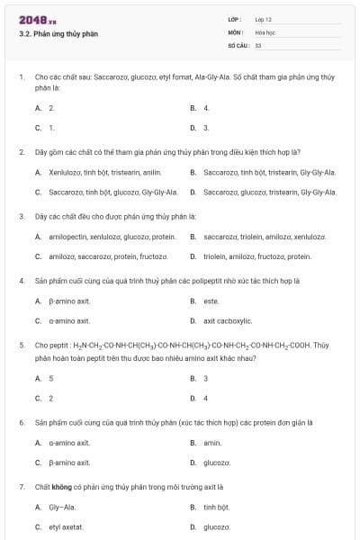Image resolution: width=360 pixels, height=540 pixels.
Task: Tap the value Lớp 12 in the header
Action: tap(263, 19)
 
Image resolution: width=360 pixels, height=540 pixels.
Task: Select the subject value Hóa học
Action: tap(265, 31)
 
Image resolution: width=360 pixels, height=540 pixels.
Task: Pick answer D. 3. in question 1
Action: tap(200, 128)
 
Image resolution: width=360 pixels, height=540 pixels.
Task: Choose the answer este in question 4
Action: tap(211, 300)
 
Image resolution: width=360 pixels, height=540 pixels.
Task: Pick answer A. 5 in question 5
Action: tap(44, 378)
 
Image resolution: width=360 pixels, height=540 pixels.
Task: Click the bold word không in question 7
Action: tap(61, 486)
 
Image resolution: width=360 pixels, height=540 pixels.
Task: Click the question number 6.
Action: tap(22, 421)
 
